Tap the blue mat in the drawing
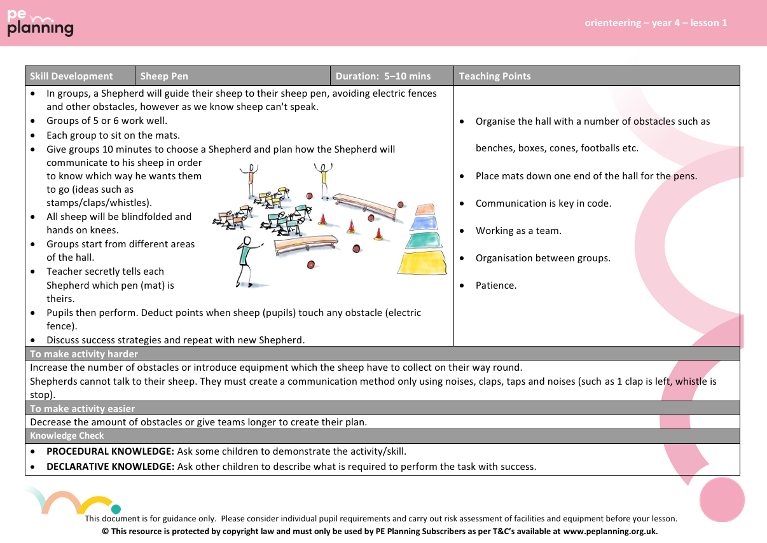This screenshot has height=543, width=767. coord(425,223)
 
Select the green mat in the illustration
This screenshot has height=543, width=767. coord(423,240)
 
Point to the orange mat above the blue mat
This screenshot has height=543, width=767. coord(425,209)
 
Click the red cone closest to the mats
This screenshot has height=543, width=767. coord(378,234)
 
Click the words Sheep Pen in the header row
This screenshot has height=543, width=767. coord(164,76)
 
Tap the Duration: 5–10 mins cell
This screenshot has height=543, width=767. coord(383,76)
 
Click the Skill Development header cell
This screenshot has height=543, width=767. coord(71,76)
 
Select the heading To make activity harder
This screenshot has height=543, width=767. coord(84,354)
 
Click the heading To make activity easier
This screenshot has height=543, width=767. coord(83,409)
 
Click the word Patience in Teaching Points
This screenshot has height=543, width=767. coord(496,285)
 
